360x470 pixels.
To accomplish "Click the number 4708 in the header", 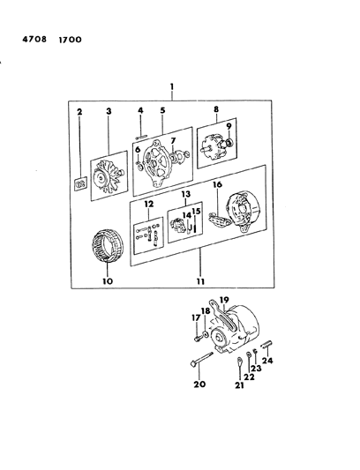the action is pos(34,40).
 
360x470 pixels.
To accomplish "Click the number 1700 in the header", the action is pos(70,40).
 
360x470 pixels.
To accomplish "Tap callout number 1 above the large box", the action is pos(172,86).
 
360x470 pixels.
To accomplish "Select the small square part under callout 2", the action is pos(80,183).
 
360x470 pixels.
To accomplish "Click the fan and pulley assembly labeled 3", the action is pos(109,176).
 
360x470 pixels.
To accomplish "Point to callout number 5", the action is pos(162,110).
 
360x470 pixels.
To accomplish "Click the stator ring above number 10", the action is pos(108,245).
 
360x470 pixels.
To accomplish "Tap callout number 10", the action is pos(108,281).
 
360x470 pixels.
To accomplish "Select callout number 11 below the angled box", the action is pos(200,281).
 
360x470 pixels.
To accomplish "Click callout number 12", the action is pos(149,204).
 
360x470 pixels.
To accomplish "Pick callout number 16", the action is pos(217,184).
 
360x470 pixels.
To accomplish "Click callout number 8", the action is pos(216,109).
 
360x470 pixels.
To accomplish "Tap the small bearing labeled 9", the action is pos(230,143).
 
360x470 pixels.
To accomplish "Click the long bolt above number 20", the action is pos(201,358).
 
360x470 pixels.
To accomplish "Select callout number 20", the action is pos(199,384).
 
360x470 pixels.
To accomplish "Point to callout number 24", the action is pos(267,361).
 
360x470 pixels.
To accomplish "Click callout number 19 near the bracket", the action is pos(224,300).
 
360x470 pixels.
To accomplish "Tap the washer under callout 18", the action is pos(206,333).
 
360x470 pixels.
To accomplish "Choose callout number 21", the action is pos(239,385).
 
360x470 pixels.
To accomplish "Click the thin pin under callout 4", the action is pos(141,138).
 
